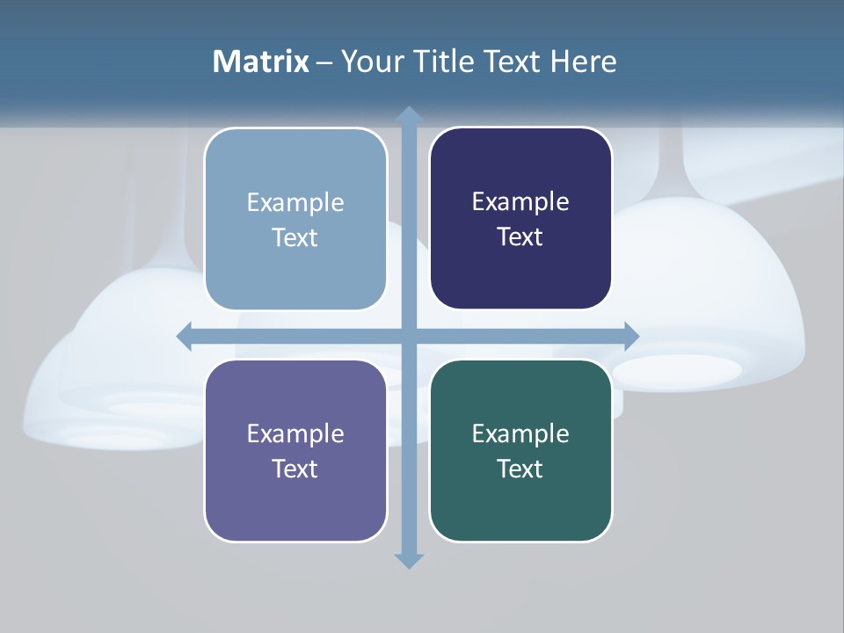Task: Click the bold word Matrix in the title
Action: [x=260, y=62]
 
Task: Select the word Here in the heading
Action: [x=584, y=62]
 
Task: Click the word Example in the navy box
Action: [x=520, y=202]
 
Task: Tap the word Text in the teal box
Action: [x=520, y=469]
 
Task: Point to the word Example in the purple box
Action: [x=295, y=433]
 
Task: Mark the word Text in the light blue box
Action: [x=295, y=237]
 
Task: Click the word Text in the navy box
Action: [x=520, y=236]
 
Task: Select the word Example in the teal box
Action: [x=520, y=433]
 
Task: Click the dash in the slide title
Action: [x=324, y=62]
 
